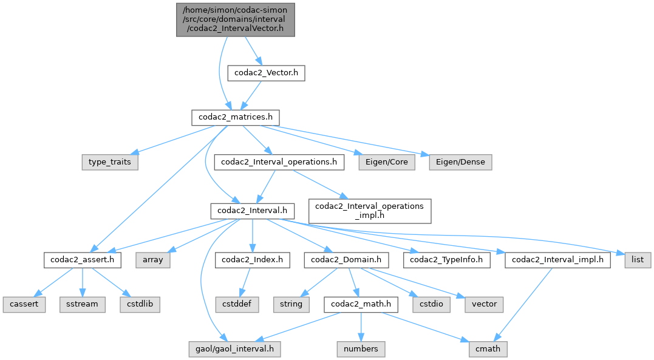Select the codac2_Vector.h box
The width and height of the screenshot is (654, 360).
(x=265, y=73)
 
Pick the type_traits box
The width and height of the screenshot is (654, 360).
(x=110, y=162)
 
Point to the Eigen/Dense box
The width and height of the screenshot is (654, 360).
(x=460, y=162)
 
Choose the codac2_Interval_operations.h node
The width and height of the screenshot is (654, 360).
(x=279, y=162)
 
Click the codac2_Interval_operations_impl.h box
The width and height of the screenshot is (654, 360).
(x=370, y=210)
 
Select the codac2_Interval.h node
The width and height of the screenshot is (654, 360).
(x=252, y=211)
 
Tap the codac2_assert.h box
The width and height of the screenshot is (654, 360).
(x=83, y=260)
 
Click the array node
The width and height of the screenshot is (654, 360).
(x=153, y=260)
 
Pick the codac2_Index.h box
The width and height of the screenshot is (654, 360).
(x=252, y=260)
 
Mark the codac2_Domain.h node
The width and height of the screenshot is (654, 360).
(x=346, y=260)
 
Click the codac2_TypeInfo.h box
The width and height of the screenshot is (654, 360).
(x=447, y=260)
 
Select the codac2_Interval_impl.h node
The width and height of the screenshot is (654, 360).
(x=557, y=260)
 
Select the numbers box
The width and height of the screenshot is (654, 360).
(x=361, y=348)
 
